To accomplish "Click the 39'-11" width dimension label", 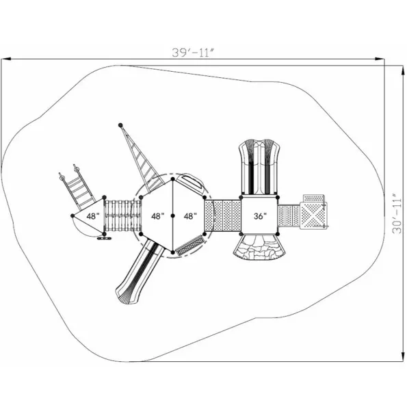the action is tap(193, 53).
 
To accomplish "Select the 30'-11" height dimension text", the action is tap(397, 213).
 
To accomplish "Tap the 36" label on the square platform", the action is tap(260, 216).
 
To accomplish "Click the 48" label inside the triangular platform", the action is tap(93, 216).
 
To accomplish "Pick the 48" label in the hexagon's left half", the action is tap(158, 216).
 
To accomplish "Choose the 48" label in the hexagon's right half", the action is tap(190, 216).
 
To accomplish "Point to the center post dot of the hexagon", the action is tap(172, 215).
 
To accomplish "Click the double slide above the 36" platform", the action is tap(259, 167).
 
